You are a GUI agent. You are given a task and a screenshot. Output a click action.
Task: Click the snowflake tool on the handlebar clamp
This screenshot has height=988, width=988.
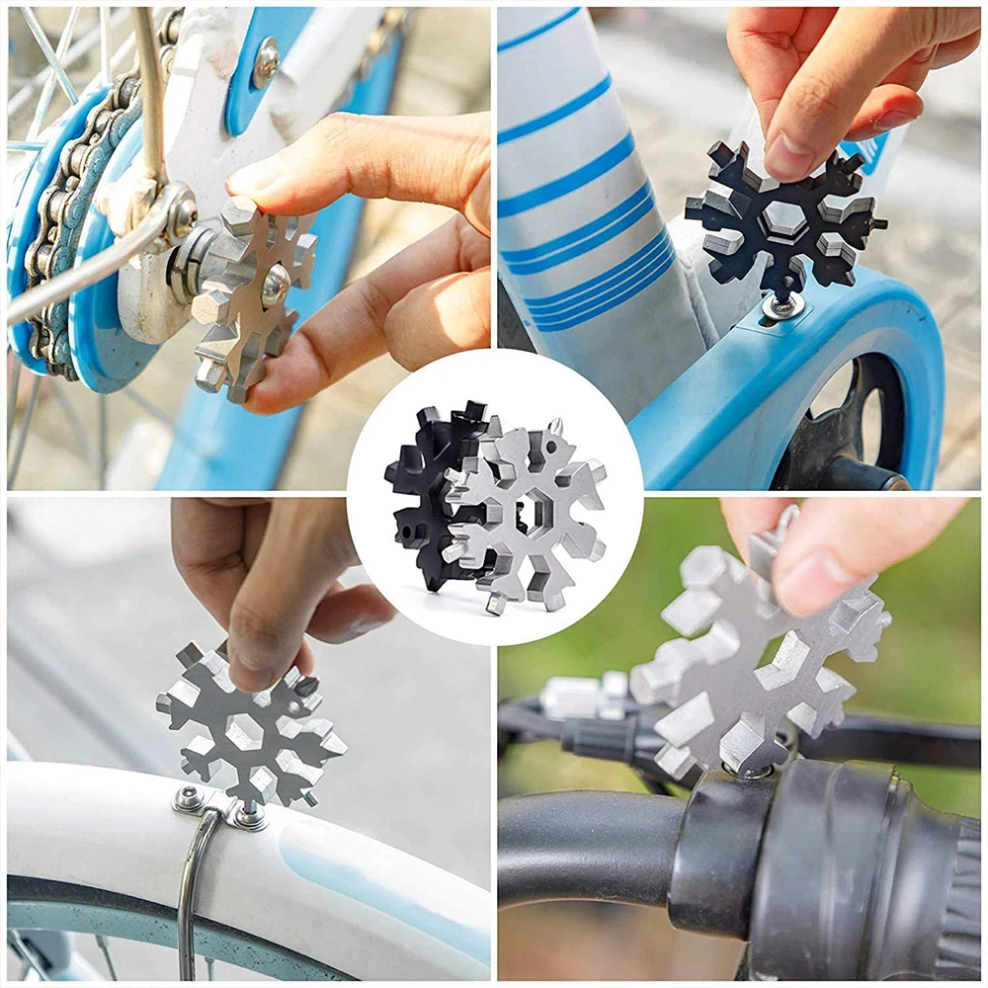click(x=751, y=652)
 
